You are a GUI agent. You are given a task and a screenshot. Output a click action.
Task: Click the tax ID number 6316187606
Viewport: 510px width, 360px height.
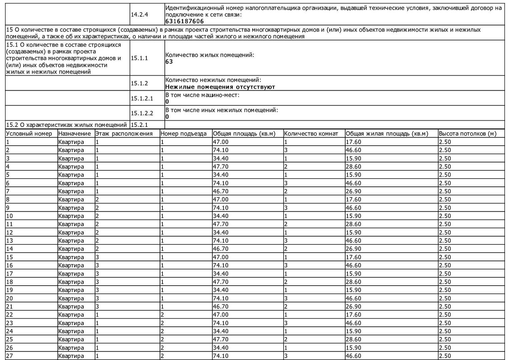(x=184, y=21)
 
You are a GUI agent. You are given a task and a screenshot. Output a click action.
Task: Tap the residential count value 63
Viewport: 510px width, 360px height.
(x=169, y=62)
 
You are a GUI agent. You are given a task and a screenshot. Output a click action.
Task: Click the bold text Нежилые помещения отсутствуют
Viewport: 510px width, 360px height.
(x=220, y=87)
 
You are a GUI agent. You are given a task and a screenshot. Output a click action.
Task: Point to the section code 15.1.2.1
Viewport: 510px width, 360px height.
(x=142, y=98)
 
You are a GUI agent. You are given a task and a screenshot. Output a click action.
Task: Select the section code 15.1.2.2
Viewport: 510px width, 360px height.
(x=142, y=113)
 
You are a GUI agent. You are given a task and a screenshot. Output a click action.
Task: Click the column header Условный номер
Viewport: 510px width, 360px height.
(x=29, y=134)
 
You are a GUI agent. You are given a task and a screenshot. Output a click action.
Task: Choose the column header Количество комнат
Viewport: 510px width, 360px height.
(x=311, y=134)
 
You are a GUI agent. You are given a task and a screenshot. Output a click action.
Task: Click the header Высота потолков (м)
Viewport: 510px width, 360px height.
(x=468, y=134)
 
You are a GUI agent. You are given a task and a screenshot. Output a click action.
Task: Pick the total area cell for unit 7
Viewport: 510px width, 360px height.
(x=220, y=191)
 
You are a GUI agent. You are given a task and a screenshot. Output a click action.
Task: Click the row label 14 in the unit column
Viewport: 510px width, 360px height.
(x=10, y=249)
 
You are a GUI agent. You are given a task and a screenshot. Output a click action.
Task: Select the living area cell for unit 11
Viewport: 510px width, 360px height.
(x=353, y=224)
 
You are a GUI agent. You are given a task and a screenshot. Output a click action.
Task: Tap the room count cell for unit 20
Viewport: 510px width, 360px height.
(x=286, y=298)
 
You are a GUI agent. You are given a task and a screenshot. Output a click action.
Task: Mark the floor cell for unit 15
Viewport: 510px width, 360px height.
(x=97, y=257)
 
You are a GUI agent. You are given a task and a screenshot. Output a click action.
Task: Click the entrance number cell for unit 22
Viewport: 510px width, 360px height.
(x=162, y=315)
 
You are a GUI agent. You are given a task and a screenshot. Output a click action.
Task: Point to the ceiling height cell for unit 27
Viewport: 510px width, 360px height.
(x=445, y=356)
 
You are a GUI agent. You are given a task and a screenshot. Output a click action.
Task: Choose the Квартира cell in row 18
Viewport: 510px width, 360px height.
(x=71, y=282)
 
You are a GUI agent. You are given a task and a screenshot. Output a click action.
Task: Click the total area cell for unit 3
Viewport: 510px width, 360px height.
(x=220, y=158)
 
